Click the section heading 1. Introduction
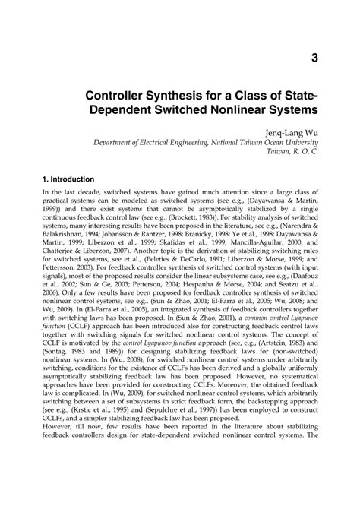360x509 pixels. pos(73,179)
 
